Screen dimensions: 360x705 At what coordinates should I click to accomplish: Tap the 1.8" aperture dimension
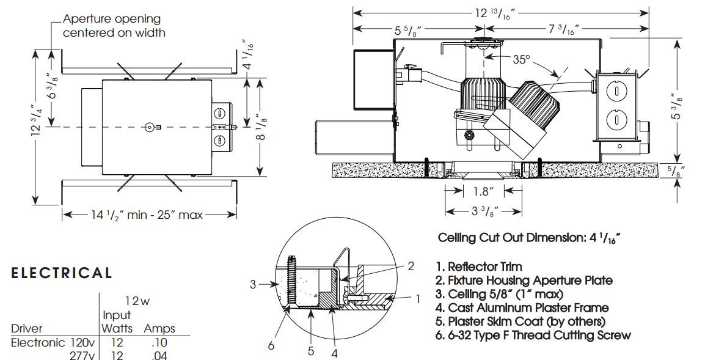tap(483, 191)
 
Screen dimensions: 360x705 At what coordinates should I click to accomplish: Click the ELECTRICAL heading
tap(62, 273)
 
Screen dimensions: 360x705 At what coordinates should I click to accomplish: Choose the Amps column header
tap(159, 329)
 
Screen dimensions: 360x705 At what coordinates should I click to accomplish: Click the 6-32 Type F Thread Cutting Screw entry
tap(533, 335)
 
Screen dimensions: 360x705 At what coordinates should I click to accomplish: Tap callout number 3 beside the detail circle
tap(252, 284)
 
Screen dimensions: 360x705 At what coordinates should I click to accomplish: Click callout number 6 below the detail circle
tap(271, 346)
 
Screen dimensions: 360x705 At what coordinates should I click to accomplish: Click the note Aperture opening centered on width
tap(114, 26)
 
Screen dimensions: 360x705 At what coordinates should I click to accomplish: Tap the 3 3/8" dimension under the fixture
tap(483, 211)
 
